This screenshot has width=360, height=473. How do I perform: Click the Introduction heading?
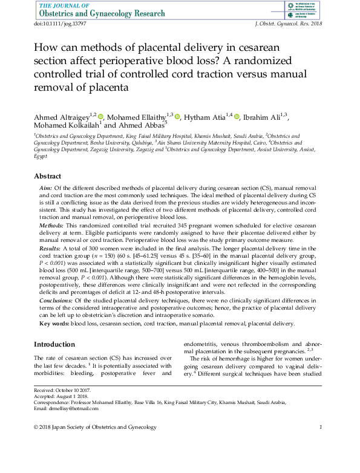54,344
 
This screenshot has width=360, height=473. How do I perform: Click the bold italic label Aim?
47,189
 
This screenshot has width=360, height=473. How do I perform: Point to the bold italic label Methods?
53,224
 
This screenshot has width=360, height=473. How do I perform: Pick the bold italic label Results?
51,249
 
